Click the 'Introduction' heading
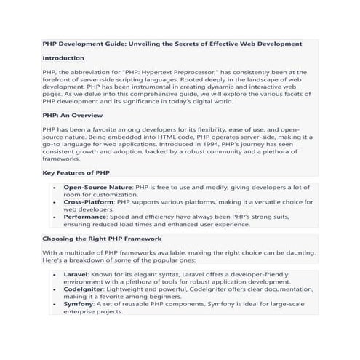point(63,57)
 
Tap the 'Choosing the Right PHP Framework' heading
point(102,239)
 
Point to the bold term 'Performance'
point(87,216)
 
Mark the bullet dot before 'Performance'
point(56,217)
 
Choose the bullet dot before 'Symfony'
point(56,304)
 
